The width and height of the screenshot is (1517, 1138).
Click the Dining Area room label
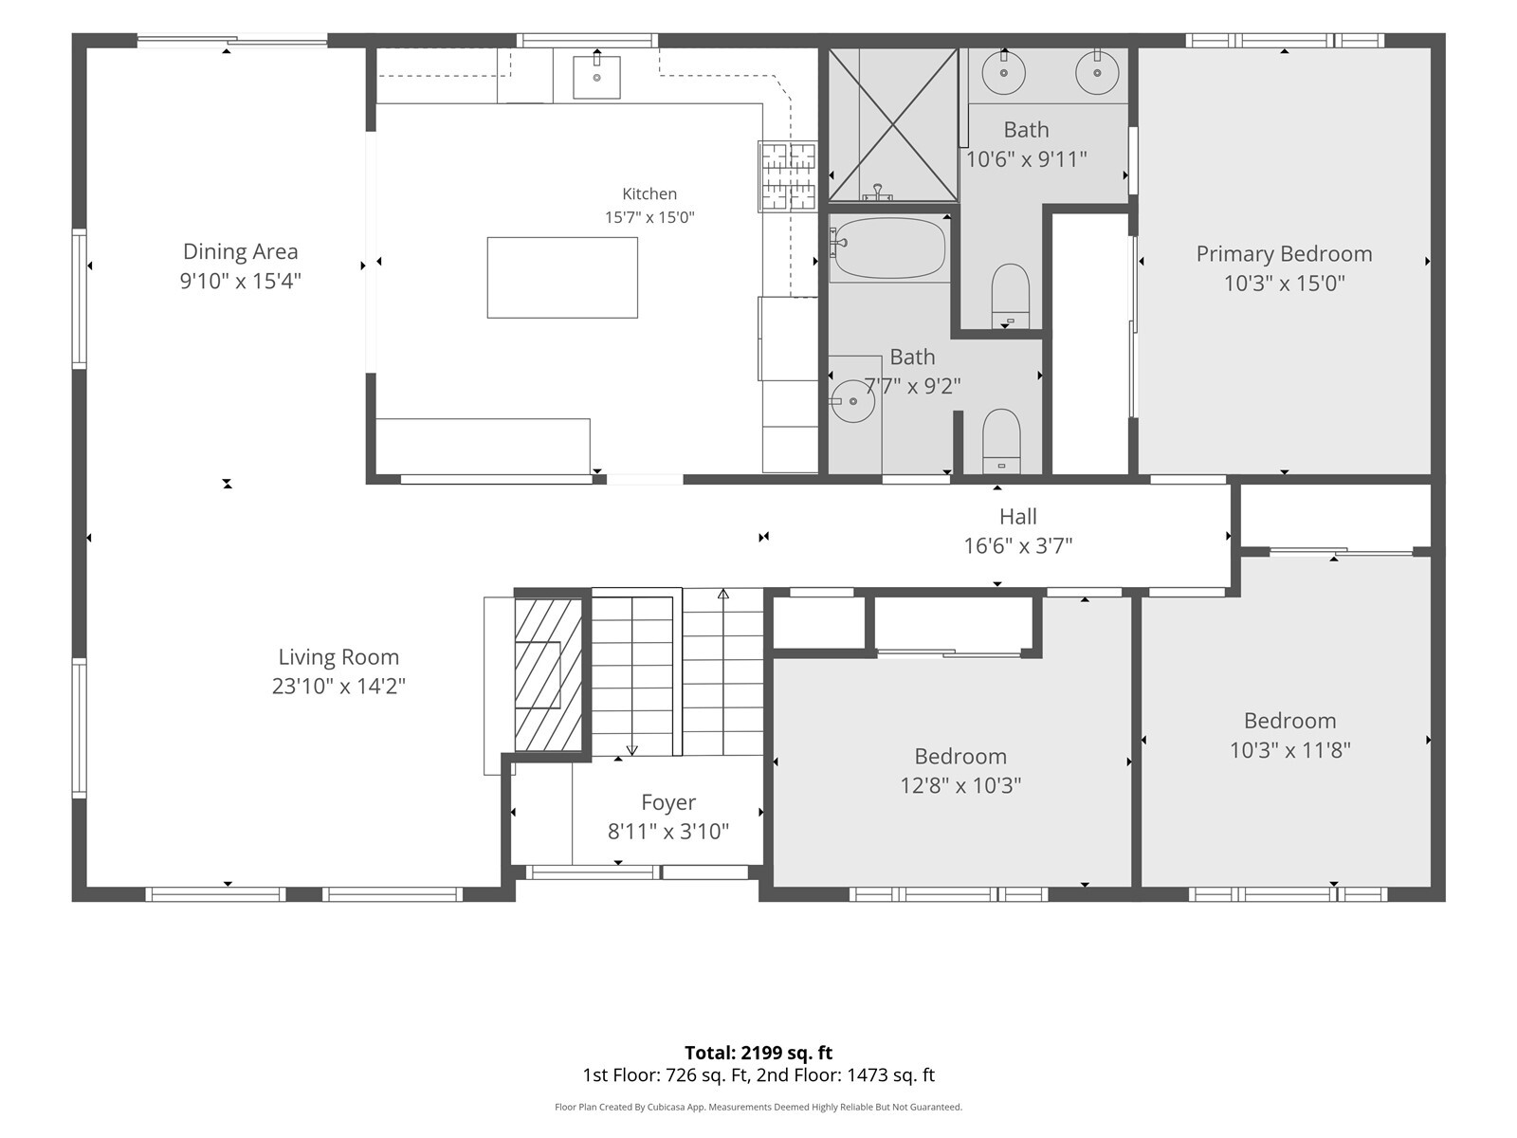[240, 251]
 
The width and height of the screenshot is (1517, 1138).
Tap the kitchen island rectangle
[562, 278]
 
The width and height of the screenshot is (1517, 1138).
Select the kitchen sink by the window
[596, 78]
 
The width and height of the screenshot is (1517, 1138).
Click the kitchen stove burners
[788, 176]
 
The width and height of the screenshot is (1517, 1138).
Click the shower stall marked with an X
[893, 125]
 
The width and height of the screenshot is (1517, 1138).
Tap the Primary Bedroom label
[1284, 253]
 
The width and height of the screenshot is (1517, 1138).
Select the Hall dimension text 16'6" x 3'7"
[1018, 546]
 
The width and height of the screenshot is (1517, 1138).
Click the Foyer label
[667, 802]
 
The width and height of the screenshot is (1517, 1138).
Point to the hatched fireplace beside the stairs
[549, 674]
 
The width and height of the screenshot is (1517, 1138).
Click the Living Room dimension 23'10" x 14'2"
[338, 686]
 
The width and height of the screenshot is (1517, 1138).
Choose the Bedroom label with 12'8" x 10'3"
[960, 756]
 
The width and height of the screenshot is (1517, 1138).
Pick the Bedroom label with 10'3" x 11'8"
[1289, 721]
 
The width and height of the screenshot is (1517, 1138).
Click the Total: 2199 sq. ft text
[758, 1053]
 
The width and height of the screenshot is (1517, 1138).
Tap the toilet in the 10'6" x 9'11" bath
[1011, 297]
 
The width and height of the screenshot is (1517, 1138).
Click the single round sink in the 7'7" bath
[852, 401]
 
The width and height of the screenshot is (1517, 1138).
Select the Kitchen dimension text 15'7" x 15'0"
[649, 217]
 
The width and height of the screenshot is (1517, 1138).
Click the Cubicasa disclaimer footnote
[758, 1107]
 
